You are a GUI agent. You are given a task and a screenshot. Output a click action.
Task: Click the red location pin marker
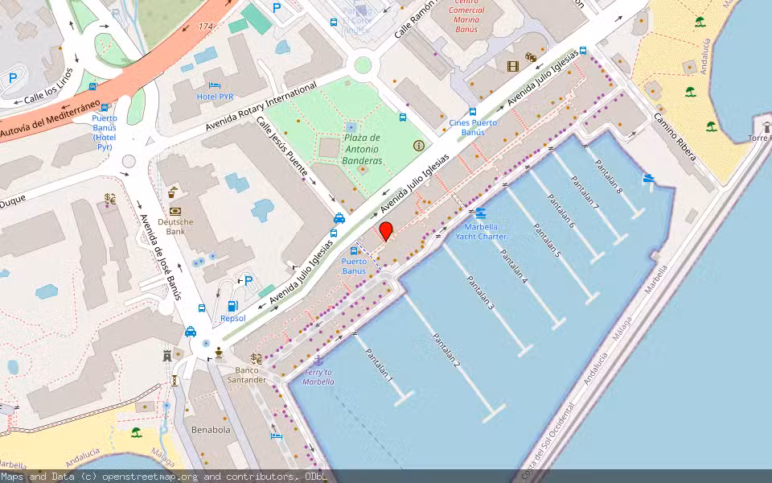pyautogui.click(x=386, y=231)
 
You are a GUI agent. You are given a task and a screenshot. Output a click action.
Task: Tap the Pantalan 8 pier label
pyautogui.click(x=609, y=177)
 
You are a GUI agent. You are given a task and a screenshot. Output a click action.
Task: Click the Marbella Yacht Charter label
pyautogui.click(x=481, y=232)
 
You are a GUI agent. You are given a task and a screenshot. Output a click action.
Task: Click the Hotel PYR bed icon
pyautogui.click(x=214, y=85)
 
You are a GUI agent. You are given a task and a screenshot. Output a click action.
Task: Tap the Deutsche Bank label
pyautogui.click(x=175, y=226)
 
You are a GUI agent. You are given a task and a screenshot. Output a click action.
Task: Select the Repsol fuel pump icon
pyautogui.click(x=233, y=306)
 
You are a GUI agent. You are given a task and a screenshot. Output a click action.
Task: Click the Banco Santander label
pyautogui.click(x=246, y=374)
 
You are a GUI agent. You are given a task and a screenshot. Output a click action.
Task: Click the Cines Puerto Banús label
pyautogui.click(x=473, y=127)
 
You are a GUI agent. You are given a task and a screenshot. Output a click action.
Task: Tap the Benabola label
pyautogui.click(x=211, y=430)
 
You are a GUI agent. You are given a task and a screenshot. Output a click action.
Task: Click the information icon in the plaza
pyautogui.click(x=418, y=146)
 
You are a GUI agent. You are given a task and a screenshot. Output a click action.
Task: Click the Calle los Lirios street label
pyautogui.click(x=48, y=88)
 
